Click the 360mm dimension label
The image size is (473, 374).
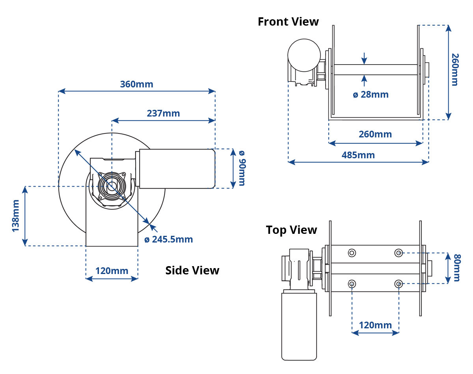coord(136,84)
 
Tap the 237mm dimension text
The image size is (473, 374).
coord(163,113)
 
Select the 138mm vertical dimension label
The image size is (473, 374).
coord(16,216)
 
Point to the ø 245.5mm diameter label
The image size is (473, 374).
coord(169,239)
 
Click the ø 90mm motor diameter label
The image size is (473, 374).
coord(242,168)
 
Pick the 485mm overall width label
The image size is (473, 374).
coord(358,155)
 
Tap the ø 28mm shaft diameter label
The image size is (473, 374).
coord(371,94)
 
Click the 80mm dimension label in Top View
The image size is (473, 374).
coord(457,268)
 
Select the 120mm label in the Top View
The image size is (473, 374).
coord(375,325)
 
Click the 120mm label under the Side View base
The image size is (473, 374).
coord(112,271)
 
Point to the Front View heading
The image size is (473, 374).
coord(288,22)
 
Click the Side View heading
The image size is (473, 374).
coord(192,270)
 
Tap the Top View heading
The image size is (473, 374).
coord(291,230)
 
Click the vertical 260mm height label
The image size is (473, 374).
coord(455,70)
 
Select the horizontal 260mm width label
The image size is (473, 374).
coord(375,134)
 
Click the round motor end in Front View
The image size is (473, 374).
coord(304,56)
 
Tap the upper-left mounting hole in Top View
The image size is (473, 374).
coord(352,253)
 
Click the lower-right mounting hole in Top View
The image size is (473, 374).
coord(399,284)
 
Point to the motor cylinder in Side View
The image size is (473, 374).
coord(177,168)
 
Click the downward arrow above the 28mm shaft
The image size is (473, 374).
coord(364,58)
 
